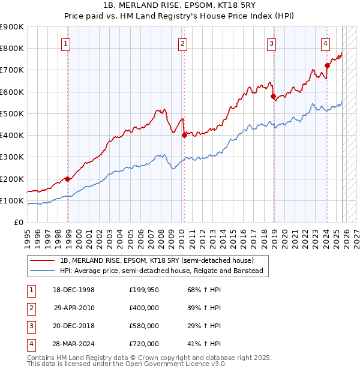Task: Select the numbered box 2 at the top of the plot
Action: coord(182,43)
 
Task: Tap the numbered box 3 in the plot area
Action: coord(271,43)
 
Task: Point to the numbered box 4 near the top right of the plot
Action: coord(325,43)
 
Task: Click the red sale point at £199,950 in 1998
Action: coord(67,179)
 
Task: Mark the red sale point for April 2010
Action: coord(184,135)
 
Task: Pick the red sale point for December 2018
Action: coord(273,96)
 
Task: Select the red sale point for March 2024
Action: coord(327,65)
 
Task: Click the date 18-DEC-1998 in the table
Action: coord(74,290)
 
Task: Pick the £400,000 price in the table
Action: coord(144,308)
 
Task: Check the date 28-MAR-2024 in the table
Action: coord(74,344)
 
